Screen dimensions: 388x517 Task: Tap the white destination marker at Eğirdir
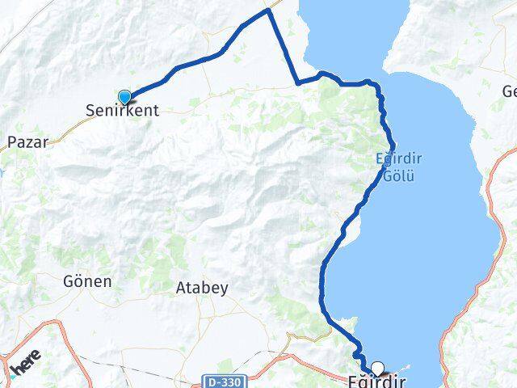(x=376, y=369)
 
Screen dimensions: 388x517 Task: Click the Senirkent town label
(x=124, y=111)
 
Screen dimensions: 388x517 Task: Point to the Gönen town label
(x=86, y=281)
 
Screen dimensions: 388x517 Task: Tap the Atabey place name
(x=202, y=287)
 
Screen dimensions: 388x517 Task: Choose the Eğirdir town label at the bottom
(x=376, y=381)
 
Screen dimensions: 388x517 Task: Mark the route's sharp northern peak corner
(x=268, y=11)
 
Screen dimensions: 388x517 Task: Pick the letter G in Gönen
(x=67, y=281)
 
